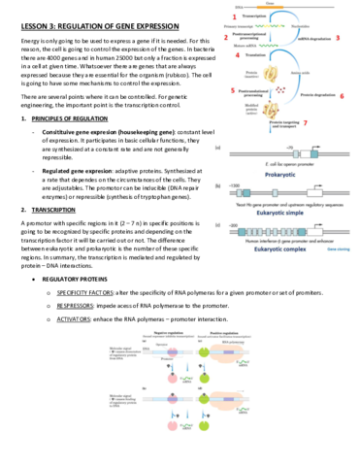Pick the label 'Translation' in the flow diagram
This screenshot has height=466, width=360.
[256, 54]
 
